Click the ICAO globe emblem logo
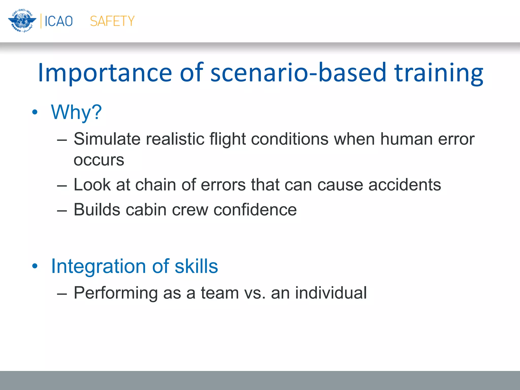point(22,21)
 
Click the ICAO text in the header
point(59,21)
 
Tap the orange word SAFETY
point(112,21)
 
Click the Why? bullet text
point(76,112)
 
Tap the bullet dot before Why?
point(35,112)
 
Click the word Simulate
point(107,139)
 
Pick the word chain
point(155,185)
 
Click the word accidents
point(404,185)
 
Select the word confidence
point(255,210)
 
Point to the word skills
point(196,266)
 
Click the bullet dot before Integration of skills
point(35,266)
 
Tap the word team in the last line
point(220,293)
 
